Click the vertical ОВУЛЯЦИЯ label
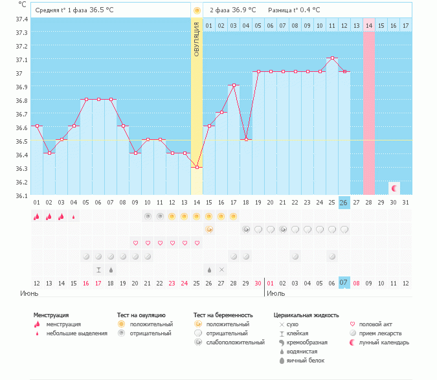pyautogui.click(x=197, y=38)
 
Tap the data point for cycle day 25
pyautogui.click(x=331, y=58)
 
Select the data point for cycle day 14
pyautogui.click(x=197, y=167)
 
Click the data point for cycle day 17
pyautogui.click(x=234, y=85)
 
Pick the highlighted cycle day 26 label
pyautogui.click(x=344, y=202)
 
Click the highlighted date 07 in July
pyautogui.click(x=344, y=282)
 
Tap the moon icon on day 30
pyautogui.click(x=393, y=188)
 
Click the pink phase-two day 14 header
pyautogui.click(x=368, y=25)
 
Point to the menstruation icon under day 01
pyautogui.click(x=36, y=216)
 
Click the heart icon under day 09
pyautogui.click(x=135, y=243)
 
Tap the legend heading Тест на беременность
pyautogui.click(x=223, y=315)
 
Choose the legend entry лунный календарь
pyautogui.click(x=385, y=342)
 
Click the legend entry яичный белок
pyautogui.click(x=306, y=360)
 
